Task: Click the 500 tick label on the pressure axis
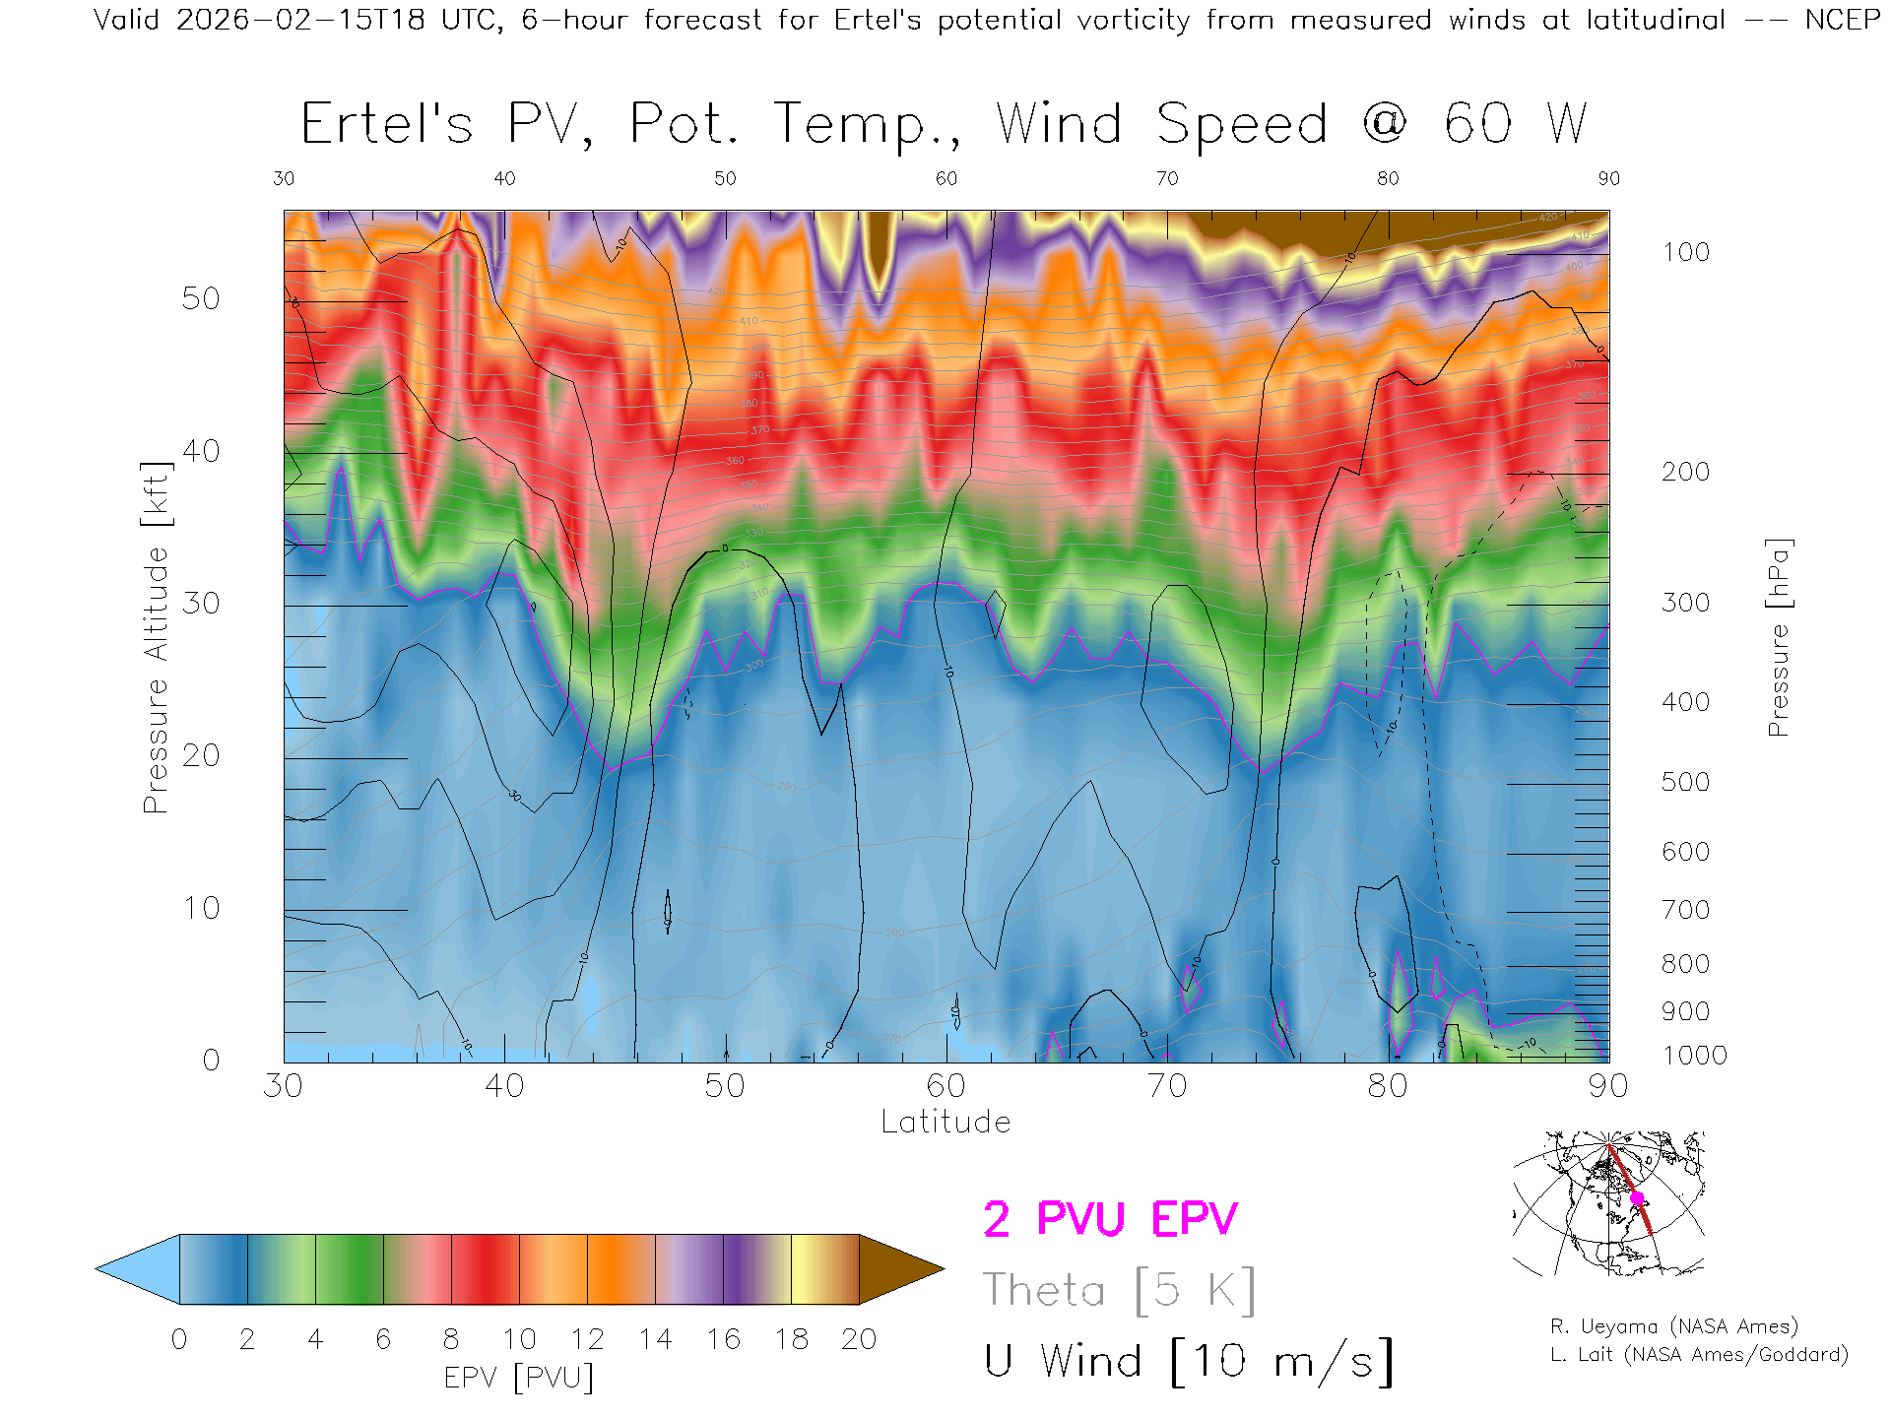coord(1685,782)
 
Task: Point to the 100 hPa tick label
coord(1685,252)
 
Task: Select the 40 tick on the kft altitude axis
coord(200,451)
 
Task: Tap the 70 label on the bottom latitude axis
coord(1166,1086)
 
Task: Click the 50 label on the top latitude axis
coord(725,178)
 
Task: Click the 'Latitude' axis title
coord(945,1122)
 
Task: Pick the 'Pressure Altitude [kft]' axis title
coord(156,637)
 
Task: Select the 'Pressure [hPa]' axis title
coord(1778,637)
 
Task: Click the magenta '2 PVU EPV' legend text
coord(1110,1219)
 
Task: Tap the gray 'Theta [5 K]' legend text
coord(1119,1290)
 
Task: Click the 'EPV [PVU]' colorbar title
coord(519,1378)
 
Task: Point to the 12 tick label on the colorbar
coord(587,1339)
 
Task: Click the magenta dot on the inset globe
coord(1637,1198)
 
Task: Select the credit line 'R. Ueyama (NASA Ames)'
coord(1673,1326)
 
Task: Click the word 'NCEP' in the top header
coord(1842,20)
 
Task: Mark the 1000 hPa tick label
coord(1694,1056)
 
